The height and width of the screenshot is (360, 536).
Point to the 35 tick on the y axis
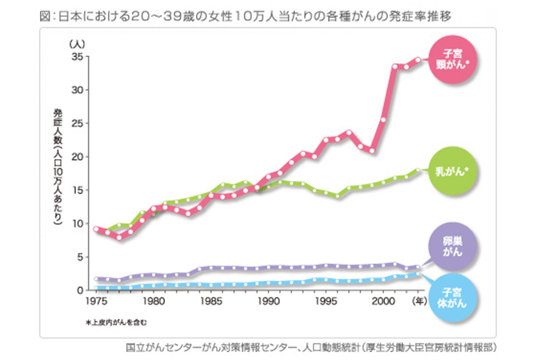tap(77, 57)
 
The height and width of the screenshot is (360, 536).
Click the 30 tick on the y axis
tap(77, 90)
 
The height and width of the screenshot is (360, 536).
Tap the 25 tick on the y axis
tap(77, 123)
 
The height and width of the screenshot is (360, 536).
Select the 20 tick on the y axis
tap(77, 157)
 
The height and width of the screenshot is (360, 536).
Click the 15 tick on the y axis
tap(77, 190)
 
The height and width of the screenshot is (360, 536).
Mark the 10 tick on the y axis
tap(77, 223)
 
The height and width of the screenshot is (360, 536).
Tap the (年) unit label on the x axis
tap(420, 302)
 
